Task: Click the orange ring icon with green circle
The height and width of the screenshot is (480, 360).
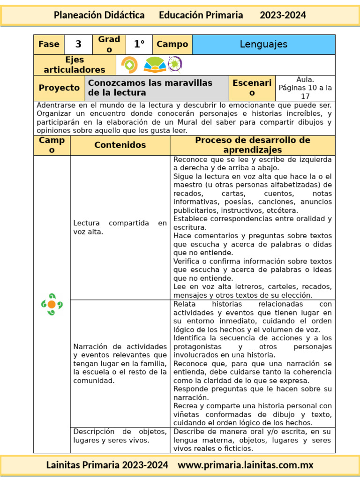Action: click(x=129, y=65)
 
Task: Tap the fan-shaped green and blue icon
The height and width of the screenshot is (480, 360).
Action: click(x=155, y=65)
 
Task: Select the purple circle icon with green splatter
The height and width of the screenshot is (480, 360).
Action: click(x=175, y=65)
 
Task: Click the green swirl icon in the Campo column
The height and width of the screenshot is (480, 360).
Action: click(x=52, y=304)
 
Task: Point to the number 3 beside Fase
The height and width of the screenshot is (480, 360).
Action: click(x=78, y=45)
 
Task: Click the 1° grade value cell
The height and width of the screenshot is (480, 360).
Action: click(x=139, y=45)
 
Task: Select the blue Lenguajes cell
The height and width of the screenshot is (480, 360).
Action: click(x=263, y=45)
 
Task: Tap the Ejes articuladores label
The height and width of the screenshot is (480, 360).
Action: click(x=75, y=65)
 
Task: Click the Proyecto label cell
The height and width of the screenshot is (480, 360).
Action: click(x=59, y=88)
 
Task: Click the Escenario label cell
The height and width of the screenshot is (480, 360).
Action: click(x=252, y=88)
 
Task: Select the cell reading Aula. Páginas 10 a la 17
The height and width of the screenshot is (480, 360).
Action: click(x=305, y=88)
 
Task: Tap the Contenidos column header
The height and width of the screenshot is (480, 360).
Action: click(x=120, y=145)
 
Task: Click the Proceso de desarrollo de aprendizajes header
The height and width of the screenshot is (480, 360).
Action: click(x=253, y=145)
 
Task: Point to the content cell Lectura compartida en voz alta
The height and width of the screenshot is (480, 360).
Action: click(x=120, y=227)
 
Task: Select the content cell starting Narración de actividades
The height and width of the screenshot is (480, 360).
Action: click(x=120, y=363)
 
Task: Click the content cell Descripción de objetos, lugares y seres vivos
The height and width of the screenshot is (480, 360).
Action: click(x=120, y=436)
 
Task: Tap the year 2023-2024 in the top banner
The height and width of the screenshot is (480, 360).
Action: click(x=283, y=15)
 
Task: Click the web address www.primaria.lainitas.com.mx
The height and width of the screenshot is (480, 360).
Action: click(x=246, y=465)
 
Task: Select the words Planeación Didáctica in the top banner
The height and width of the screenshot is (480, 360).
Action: click(x=99, y=15)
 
